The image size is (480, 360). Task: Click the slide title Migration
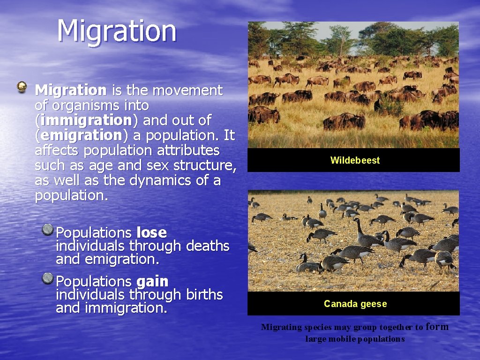[x=117, y=31]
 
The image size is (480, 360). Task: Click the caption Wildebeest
[x=355, y=160]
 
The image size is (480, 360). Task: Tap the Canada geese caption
[x=355, y=304]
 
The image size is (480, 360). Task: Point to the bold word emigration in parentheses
[x=81, y=135]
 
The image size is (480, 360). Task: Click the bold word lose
[x=151, y=232]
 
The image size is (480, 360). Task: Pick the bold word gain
[x=152, y=281]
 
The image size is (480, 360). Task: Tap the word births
[x=204, y=294]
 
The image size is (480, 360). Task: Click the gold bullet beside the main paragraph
[x=22, y=86]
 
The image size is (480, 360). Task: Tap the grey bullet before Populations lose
[x=47, y=230]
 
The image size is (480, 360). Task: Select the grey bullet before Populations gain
[x=47, y=279]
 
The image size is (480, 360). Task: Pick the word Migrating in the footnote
[x=281, y=327]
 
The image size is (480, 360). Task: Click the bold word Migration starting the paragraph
[x=71, y=90]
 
